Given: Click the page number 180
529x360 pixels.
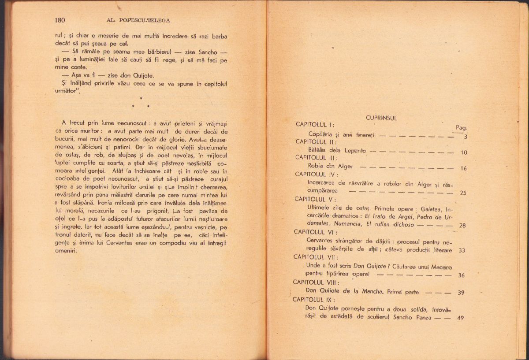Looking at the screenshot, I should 60,20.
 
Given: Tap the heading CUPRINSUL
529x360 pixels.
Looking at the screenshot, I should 381,118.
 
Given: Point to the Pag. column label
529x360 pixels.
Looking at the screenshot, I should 462,127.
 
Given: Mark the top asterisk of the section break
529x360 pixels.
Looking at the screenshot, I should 140,98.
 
